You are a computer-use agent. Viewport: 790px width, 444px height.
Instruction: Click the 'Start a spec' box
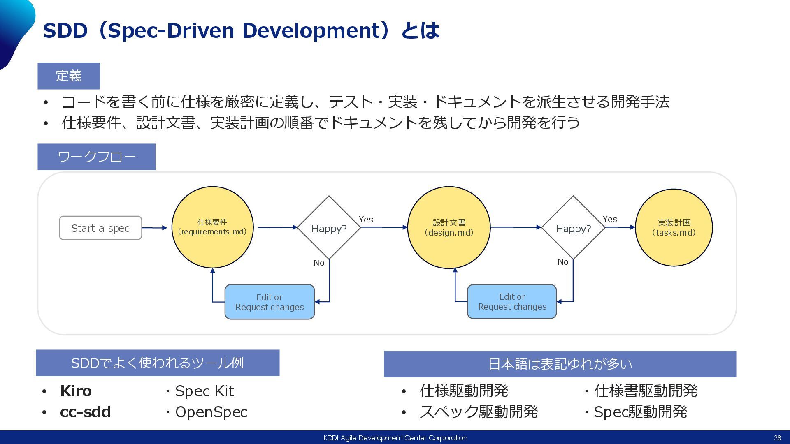100,228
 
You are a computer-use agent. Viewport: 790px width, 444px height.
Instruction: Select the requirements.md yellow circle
212,227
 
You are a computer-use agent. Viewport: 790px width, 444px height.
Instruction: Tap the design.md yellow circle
448,227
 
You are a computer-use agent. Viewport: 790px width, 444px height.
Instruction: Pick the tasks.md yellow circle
674,227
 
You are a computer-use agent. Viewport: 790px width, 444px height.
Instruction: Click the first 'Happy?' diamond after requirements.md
329,228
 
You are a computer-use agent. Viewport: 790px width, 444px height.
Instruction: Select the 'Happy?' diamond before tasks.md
573,228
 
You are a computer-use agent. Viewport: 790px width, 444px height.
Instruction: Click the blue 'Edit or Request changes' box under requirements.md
270,302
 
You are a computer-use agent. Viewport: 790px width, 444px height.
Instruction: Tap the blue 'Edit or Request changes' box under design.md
512,301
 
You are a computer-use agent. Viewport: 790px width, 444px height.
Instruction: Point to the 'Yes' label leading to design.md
366,220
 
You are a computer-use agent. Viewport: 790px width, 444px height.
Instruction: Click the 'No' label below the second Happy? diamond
563,262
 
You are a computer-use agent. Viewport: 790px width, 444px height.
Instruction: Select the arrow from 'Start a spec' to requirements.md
154,228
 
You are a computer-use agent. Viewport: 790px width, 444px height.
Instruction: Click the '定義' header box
69,76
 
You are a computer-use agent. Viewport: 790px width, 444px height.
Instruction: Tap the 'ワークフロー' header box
96,157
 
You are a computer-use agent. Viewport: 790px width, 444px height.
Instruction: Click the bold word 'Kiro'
76,391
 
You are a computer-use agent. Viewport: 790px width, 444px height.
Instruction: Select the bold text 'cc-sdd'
85,412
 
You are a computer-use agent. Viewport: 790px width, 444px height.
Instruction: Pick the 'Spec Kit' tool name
204,391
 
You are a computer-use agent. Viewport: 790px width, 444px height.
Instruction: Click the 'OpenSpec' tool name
211,412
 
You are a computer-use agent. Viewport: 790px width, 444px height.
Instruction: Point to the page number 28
777,438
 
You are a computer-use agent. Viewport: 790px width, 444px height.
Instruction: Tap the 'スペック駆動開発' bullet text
479,412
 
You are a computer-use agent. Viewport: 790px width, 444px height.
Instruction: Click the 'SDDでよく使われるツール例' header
158,363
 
